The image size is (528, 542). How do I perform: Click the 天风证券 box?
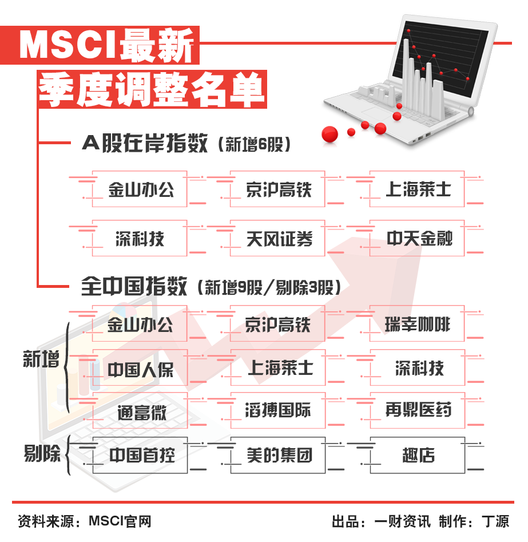[x=277, y=238]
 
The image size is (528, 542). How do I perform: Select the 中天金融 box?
[x=416, y=238]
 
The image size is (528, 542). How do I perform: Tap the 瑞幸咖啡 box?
[x=416, y=323]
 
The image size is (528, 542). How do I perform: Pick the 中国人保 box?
[x=140, y=367]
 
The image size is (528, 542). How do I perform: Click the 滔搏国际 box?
[x=278, y=410]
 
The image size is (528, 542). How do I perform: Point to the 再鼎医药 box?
[x=418, y=410]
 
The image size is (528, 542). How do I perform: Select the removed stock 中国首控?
[x=140, y=455]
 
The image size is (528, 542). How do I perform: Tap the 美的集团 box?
[x=278, y=455]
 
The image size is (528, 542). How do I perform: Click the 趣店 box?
[x=418, y=455]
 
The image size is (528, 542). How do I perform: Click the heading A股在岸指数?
[x=144, y=143]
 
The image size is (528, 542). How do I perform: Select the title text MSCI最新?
[x=106, y=45]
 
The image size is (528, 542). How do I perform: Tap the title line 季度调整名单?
[x=152, y=89]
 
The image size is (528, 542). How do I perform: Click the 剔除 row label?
[x=42, y=453]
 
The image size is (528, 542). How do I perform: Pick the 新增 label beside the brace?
[x=41, y=359]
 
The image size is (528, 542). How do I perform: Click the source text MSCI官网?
[x=120, y=521]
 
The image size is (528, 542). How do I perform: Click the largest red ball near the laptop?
[x=329, y=134]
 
